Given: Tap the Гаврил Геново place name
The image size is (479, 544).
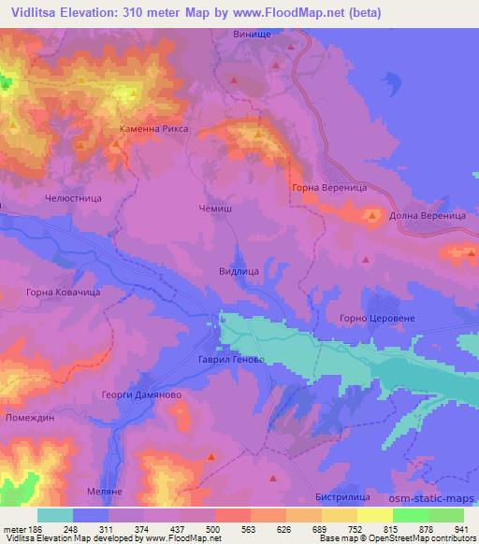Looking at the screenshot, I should [219, 360].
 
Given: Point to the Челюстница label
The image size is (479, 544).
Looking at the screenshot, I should [72, 199].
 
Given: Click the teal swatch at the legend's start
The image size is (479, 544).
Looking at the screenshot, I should [55, 515].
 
